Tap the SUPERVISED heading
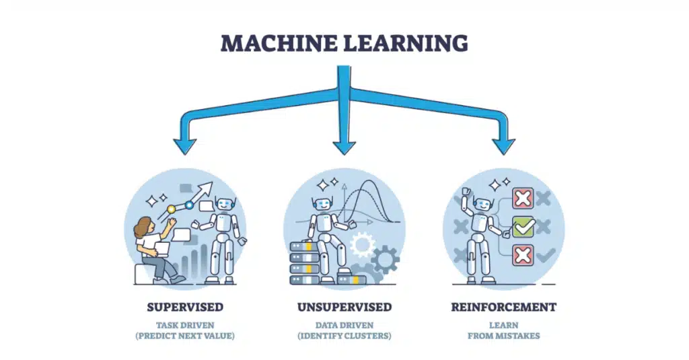point(185,307)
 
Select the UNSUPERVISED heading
point(344,307)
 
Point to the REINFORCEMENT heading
point(504,307)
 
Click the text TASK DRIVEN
point(185,324)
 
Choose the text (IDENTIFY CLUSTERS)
point(344,335)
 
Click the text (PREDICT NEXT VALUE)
point(185,335)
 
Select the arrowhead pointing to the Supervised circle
point(185,146)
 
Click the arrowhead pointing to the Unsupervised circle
point(344,146)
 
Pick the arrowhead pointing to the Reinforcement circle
point(503,146)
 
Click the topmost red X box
point(523,199)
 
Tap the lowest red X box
point(523,255)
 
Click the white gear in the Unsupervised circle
point(362,244)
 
